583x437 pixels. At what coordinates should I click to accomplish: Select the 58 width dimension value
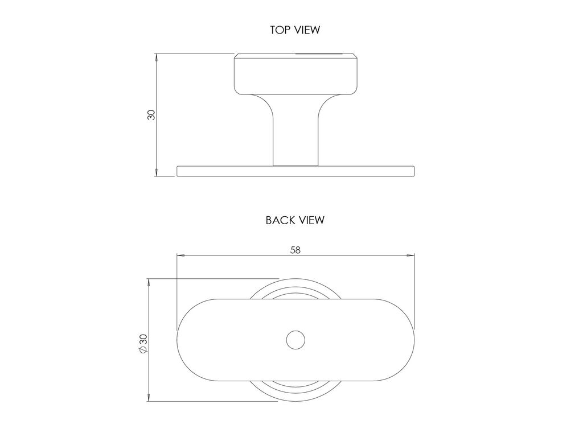coord(295,250)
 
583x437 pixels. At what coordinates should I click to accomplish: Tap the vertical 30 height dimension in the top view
coord(151,115)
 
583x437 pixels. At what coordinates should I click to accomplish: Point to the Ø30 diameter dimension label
coord(143,344)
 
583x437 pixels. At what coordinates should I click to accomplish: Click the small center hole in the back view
coord(295,340)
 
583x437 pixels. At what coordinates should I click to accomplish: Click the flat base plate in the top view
coord(295,171)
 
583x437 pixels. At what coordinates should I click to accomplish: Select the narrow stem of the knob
coord(295,130)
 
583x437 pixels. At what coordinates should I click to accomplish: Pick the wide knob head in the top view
coord(295,73)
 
